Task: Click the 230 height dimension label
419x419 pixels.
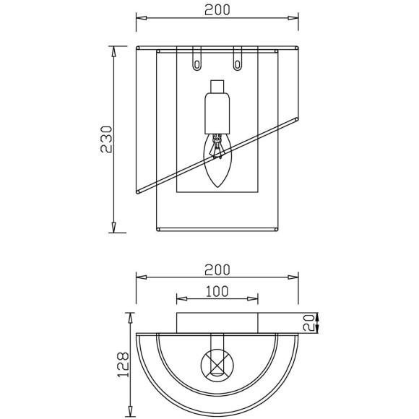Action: coord(106,139)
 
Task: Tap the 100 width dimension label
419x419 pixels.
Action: coord(217,292)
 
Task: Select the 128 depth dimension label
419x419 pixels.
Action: coord(123,365)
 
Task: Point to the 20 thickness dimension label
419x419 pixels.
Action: coord(308,323)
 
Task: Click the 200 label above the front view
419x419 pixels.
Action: coord(217,10)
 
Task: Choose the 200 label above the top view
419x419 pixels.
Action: coord(217,270)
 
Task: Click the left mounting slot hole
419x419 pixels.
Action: coord(197,65)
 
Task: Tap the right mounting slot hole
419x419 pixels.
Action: coord(237,65)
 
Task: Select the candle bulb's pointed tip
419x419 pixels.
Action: coord(217,187)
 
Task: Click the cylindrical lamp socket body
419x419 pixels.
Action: coord(217,113)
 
